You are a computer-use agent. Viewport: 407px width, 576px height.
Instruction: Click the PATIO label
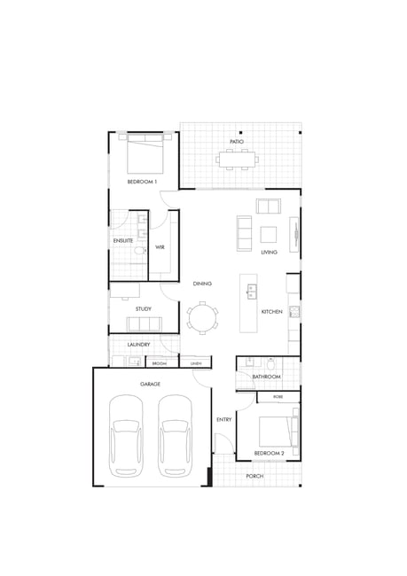point(237,142)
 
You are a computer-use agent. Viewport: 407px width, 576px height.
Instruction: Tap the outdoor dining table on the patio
point(237,160)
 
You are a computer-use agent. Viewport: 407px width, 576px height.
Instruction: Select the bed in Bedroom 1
point(145,154)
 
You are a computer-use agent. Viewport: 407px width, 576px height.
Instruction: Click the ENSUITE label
point(123,241)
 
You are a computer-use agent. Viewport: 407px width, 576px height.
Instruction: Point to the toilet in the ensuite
point(140,251)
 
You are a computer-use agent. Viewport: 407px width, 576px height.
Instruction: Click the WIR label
point(160,247)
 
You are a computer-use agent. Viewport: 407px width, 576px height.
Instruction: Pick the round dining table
point(202,318)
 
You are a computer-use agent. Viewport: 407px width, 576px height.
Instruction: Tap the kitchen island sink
point(252,292)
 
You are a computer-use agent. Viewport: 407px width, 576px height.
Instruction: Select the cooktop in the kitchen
point(294,312)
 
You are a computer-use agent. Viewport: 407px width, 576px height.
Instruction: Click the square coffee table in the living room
point(269,234)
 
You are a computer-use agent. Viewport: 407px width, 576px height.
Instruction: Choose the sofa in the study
point(145,324)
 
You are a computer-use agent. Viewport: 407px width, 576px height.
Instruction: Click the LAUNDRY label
point(138,345)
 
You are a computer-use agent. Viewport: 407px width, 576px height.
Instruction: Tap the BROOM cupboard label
point(160,363)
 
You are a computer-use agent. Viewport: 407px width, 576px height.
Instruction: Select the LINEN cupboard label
point(196,363)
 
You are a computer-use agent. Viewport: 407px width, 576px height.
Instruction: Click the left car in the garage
point(126,436)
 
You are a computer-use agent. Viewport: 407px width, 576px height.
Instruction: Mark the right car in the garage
point(175,436)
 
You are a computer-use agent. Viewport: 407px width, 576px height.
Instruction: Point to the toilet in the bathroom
point(270,364)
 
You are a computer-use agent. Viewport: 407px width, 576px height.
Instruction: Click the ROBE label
point(278,397)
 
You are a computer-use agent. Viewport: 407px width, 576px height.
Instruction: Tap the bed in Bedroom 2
point(278,432)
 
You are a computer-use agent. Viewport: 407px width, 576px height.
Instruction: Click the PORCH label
point(254,476)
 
